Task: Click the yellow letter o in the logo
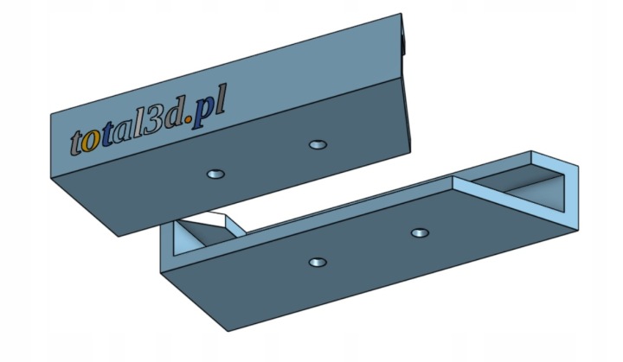89,144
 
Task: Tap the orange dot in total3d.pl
189,117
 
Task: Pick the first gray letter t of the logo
77,143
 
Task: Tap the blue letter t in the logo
106,137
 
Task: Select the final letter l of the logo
220,98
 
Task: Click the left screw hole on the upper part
215,174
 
